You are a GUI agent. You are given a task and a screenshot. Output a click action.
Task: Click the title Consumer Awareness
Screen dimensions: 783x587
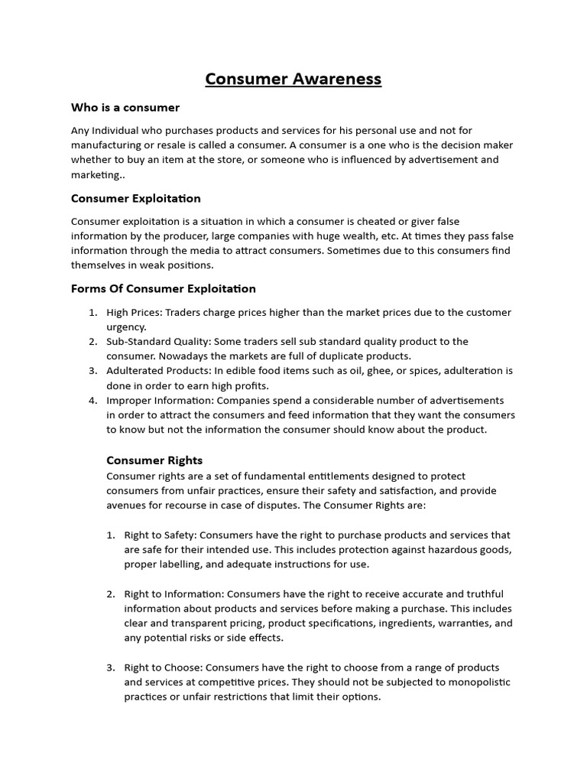(293, 79)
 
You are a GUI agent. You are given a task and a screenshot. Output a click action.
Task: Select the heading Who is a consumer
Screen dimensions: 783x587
(125, 107)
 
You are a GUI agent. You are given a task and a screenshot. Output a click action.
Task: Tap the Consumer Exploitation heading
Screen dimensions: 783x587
(136, 198)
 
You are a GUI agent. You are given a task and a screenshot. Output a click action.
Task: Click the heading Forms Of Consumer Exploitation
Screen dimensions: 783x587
(164, 288)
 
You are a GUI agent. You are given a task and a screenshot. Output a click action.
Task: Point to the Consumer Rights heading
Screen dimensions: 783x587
(154, 460)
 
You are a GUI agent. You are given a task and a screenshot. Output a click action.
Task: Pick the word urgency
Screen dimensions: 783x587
(126, 327)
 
